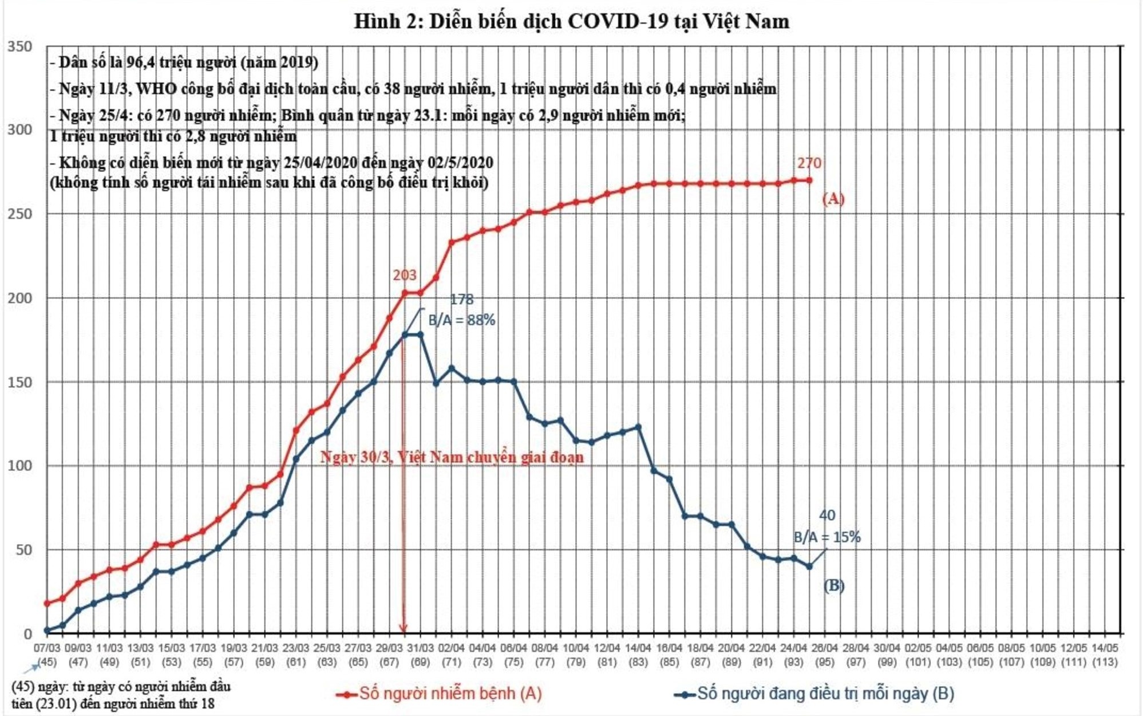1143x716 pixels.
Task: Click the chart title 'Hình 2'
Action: coord(571,22)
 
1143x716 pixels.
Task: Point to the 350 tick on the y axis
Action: coord(19,46)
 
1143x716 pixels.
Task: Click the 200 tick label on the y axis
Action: coord(19,298)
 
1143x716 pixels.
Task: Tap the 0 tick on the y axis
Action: coord(27,634)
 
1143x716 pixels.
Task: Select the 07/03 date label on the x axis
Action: coord(47,648)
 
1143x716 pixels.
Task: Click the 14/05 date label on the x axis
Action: coord(1105,648)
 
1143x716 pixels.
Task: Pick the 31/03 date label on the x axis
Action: coord(420,648)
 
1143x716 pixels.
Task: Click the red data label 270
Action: coord(809,163)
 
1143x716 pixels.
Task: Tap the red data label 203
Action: coord(404,276)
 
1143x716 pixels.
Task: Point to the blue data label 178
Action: coord(461,300)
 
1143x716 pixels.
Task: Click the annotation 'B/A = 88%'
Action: coord(461,320)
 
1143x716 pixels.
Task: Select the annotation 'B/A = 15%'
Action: coord(826,537)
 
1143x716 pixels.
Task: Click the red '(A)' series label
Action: coord(833,199)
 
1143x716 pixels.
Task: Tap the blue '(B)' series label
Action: coord(833,585)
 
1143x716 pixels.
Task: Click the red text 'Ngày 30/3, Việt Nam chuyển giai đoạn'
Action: coord(452,458)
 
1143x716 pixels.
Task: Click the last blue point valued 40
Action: coord(809,566)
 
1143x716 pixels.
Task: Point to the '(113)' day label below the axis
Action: coord(1105,662)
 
